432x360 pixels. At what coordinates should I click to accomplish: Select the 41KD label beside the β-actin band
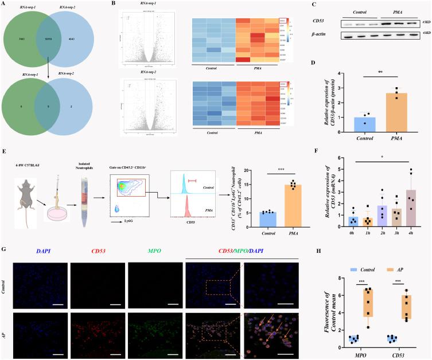[425, 36]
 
